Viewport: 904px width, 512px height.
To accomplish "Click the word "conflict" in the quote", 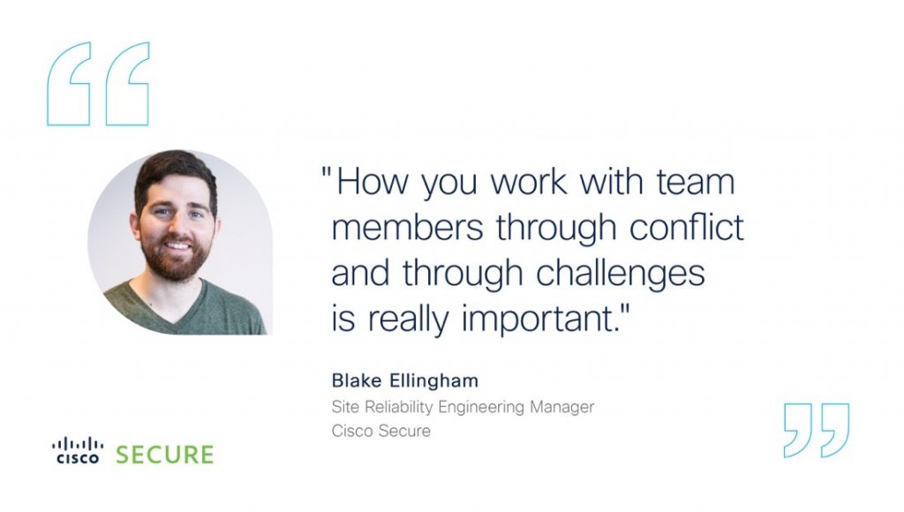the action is [x=686, y=227].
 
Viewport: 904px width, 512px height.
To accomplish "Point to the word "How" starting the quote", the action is [x=373, y=181].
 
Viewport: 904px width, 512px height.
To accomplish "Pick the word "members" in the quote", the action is [x=408, y=227].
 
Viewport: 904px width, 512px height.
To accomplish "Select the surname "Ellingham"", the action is [x=434, y=381].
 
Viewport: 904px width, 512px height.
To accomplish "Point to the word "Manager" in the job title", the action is [x=562, y=408].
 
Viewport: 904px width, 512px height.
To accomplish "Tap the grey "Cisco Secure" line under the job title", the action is [x=381, y=431].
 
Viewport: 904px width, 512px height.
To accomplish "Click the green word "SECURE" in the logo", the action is [x=165, y=455].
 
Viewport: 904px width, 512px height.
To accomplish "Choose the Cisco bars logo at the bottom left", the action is [x=78, y=450].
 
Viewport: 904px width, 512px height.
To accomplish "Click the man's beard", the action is [x=173, y=263].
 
